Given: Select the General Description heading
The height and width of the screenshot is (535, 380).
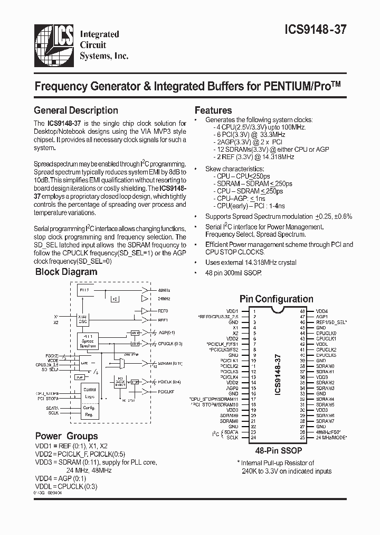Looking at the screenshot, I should (x=75, y=110).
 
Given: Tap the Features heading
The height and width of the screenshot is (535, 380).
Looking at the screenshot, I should (x=213, y=110).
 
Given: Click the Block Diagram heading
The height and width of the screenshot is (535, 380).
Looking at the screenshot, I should (x=66, y=272).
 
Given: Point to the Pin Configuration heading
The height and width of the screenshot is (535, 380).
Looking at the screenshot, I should (x=276, y=299).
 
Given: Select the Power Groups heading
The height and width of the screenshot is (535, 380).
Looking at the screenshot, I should (x=66, y=436).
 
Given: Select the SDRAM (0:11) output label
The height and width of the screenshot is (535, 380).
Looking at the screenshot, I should (x=169, y=363).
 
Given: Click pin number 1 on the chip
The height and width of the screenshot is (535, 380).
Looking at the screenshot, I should (x=254, y=311).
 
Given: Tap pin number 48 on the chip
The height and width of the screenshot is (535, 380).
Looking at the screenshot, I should (x=302, y=311).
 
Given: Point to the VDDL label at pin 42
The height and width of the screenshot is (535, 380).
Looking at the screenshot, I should (x=322, y=344).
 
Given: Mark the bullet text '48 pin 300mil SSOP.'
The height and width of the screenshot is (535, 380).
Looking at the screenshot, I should (x=234, y=272).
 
